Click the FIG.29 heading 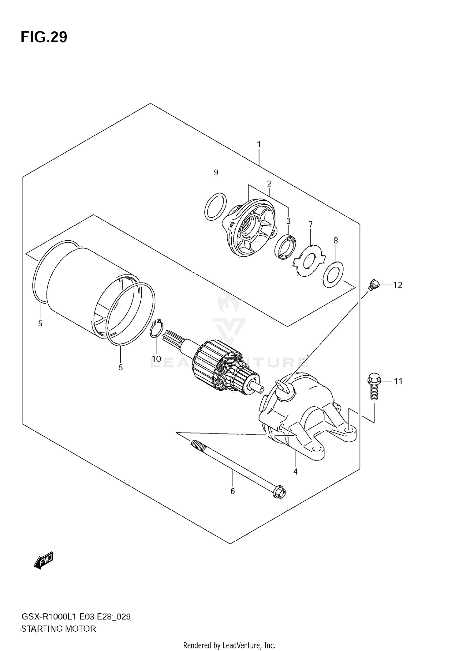[x=44, y=37]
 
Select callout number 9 [x=216, y=172]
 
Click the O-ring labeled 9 [x=215, y=206]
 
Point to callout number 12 [x=397, y=285]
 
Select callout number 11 [x=398, y=381]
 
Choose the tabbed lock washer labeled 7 [x=309, y=260]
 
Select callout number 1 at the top [x=259, y=144]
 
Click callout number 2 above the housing [x=269, y=184]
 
